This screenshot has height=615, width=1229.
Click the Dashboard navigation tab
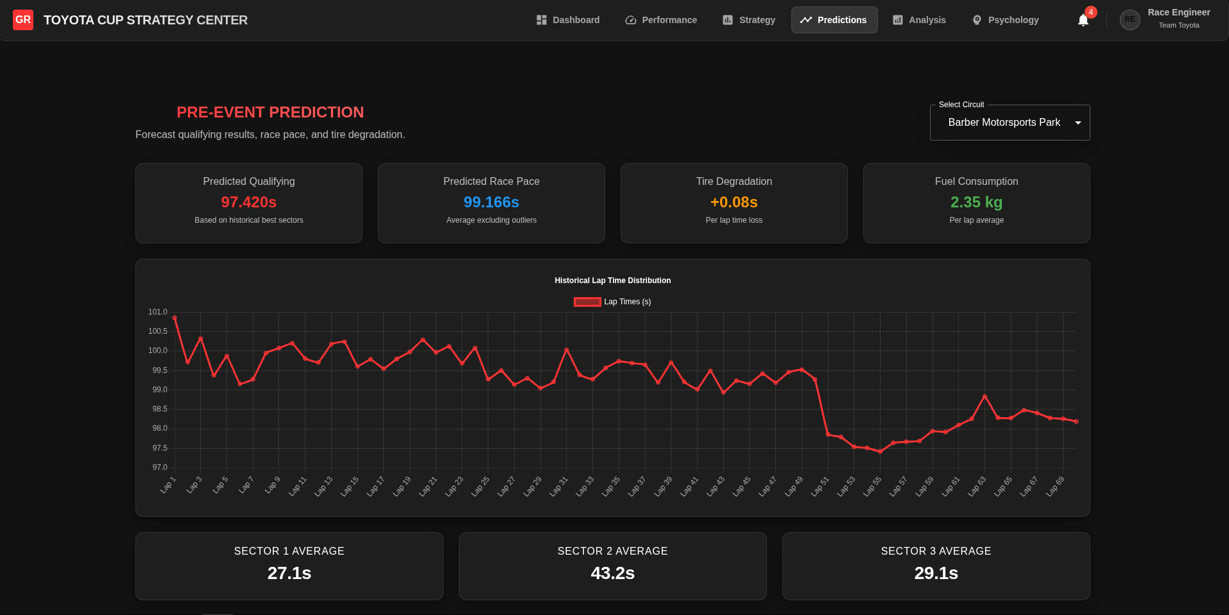pyautogui.click(x=568, y=20)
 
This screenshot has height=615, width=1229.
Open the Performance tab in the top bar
pyautogui.click(x=661, y=20)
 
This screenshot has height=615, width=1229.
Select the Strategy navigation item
pyautogui.click(x=749, y=20)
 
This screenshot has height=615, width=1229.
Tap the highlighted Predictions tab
pyautogui.click(x=834, y=20)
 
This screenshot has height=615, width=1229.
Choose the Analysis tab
pyautogui.click(x=919, y=20)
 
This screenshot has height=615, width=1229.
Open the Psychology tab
pyautogui.click(x=1005, y=20)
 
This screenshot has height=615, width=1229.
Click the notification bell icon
pyautogui.click(x=1083, y=20)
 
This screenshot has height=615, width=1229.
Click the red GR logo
pyautogui.click(x=23, y=20)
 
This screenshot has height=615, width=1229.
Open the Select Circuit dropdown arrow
pyautogui.click(x=1078, y=123)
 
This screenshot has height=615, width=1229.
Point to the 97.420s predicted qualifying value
pyautogui.click(x=249, y=202)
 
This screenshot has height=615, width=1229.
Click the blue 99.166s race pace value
pyautogui.click(x=492, y=202)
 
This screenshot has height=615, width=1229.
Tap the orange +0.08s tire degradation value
pyautogui.click(x=734, y=202)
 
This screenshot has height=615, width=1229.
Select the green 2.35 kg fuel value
pyautogui.click(x=976, y=202)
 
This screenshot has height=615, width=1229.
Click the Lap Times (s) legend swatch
pyautogui.click(x=587, y=302)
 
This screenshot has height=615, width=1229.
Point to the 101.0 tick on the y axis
pyautogui.click(x=158, y=312)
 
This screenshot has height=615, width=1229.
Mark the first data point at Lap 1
pyautogui.click(x=175, y=318)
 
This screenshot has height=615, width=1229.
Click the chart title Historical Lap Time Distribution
pyautogui.click(x=612, y=281)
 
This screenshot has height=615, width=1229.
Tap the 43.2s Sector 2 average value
pyautogui.click(x=613, y=573)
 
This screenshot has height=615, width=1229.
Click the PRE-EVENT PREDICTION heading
pyautogui.click(x=270, y=112)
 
